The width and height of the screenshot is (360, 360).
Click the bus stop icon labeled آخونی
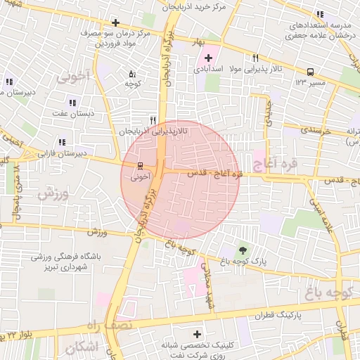139,167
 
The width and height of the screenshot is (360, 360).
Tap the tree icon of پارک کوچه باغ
243,250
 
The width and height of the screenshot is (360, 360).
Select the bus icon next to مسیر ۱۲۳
310,71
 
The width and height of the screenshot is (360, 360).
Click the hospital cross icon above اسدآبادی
208,57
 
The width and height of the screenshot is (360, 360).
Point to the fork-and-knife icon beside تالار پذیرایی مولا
255,58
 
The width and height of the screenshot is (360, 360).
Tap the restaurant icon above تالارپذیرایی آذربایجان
153,120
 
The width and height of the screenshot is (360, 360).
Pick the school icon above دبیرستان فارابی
63,142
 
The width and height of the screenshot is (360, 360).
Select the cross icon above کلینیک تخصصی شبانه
196,334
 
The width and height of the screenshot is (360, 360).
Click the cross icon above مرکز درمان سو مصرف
115,22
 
